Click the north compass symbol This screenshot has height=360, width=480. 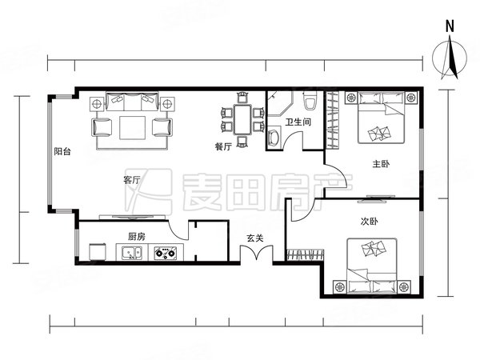pos(450,58)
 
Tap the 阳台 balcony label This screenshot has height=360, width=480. pos(62,151)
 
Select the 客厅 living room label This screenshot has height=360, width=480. pos(132,179)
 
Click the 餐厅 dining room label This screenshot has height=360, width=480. pos(223,146)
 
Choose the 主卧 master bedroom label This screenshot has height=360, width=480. pos(381,164)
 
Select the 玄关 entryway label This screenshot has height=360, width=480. pos(255,237)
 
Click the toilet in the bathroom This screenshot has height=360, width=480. pos(311,102)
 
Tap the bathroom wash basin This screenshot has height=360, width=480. pos(274,137)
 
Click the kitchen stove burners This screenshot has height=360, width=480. pos(166,255)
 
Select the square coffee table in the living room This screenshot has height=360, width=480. pos(132,126)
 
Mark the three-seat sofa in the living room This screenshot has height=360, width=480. pos(132,102)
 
